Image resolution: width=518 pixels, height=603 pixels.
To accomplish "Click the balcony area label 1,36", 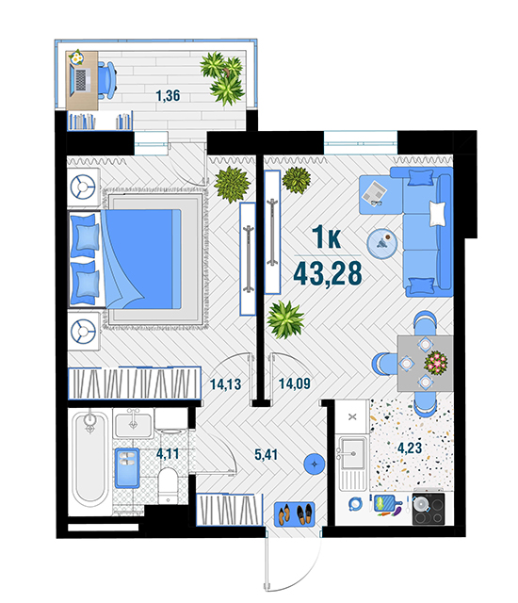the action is coord(168,95).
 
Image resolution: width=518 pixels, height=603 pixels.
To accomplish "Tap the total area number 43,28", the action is coord(328,274).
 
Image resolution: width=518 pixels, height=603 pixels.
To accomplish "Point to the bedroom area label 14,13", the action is coord(226,384).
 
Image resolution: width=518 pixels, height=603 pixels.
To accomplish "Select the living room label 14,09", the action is coord(295,383).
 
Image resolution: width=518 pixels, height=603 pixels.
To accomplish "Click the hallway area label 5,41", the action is coord(266,454).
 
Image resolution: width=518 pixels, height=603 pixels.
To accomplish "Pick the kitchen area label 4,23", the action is coord(410,448).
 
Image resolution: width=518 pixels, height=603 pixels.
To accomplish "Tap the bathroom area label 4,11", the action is coord(168,454).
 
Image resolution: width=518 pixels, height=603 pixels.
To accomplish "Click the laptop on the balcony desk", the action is coord(80,80).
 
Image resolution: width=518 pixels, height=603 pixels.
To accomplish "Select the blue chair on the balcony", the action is coord(106,80).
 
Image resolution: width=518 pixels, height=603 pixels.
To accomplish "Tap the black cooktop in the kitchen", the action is coord(429,509).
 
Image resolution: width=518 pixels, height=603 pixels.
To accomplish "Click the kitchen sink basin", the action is coord(352,453).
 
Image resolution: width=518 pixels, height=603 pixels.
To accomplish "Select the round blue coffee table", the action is coord(382,244).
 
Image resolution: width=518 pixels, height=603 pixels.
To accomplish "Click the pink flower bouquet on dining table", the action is coord(436,362).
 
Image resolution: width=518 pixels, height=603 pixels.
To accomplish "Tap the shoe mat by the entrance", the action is coord(295,514).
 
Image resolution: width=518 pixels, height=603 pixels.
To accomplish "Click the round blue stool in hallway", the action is coord(315,464).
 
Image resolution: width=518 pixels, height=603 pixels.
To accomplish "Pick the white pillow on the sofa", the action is coord(438,213).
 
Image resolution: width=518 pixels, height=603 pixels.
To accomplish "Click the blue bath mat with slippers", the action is coord(127,468).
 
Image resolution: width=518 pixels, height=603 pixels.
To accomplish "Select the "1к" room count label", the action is coord(326,237).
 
